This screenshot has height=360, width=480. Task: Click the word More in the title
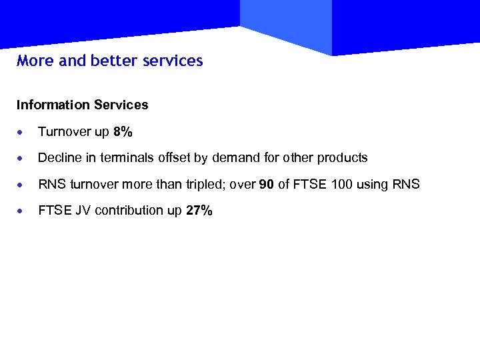(x=35, y=61)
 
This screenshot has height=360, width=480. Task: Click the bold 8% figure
(x=123, y=132)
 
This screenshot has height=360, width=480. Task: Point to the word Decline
(x=58, y=158)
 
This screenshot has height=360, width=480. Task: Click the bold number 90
(x=266, y=185)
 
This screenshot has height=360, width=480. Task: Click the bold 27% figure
(x=199, y=211)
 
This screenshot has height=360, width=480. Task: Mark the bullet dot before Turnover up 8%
(x=22, y=133)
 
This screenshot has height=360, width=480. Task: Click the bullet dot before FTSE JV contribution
(x=22, y=211)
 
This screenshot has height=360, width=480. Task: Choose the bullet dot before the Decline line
(x=22, y=159)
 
